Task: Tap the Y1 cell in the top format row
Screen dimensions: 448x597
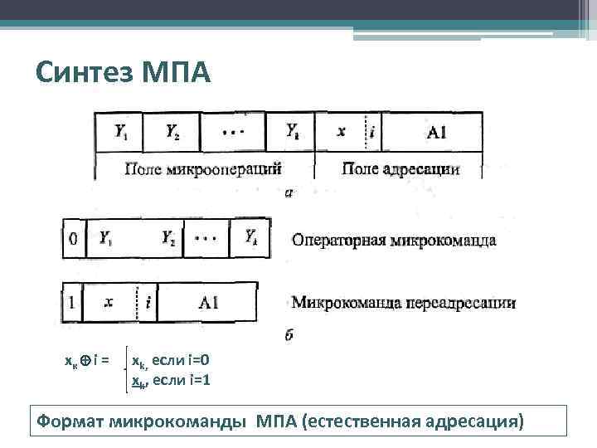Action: pyautogui.click(x=121, y=131)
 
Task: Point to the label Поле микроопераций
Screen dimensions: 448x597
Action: pyautogui.click(x=203, y=169)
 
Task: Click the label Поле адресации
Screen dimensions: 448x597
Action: pyautogui.click(x=400, y=169)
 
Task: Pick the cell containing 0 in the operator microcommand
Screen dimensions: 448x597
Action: pyautogui.click(x=74, y=239)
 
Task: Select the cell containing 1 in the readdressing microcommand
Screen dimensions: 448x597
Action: pyautogui.click(x=73, y=303)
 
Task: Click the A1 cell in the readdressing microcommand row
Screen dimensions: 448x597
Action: pyautogui.click(x=208, y=303)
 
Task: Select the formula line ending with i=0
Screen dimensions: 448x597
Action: pyautogui.click(x=171, y=362)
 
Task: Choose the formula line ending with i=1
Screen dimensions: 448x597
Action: pyautogui.click(x=171, y=380)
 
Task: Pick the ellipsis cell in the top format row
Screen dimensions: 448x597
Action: pyautogui.click(x=235, y=131)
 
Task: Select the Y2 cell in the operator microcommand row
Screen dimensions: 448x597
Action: pyautogui.click(x=169, y=239)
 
